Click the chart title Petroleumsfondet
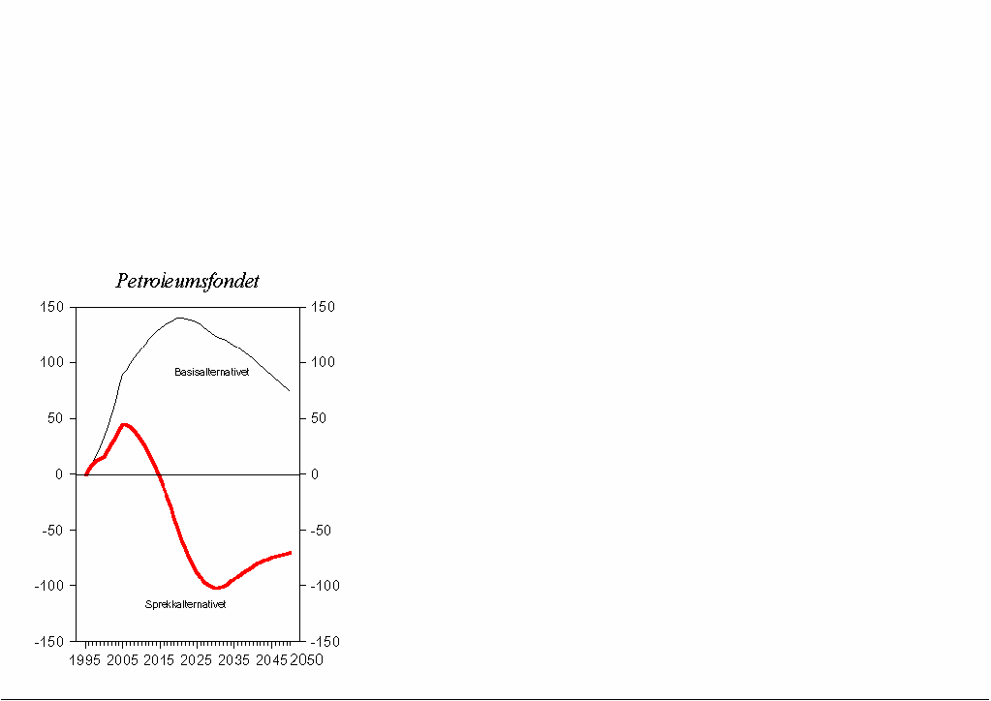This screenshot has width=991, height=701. tap(187, 281)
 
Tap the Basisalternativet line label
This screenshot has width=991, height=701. tap(212, 372)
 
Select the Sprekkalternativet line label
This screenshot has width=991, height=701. tap(185, 604)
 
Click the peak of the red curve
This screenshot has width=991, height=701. tap(124, 424)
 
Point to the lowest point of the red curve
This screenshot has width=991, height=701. tap(217, 588)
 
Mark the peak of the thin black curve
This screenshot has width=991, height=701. tap(179, 318)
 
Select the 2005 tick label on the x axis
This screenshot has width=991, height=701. tap(122, 660)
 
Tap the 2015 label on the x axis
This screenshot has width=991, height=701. tap(159, 660)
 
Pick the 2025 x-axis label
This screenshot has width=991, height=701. tap(197, 660)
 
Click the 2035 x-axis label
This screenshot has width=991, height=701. tap(234, 660)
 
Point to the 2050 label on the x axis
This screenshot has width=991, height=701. tap(307, 660)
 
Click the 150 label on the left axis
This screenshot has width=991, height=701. tap(52, 307)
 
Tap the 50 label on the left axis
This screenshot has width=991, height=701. tap(56, 418)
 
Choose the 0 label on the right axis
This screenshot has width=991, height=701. tap(313, 474)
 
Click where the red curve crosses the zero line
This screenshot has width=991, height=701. tap(160, 474)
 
